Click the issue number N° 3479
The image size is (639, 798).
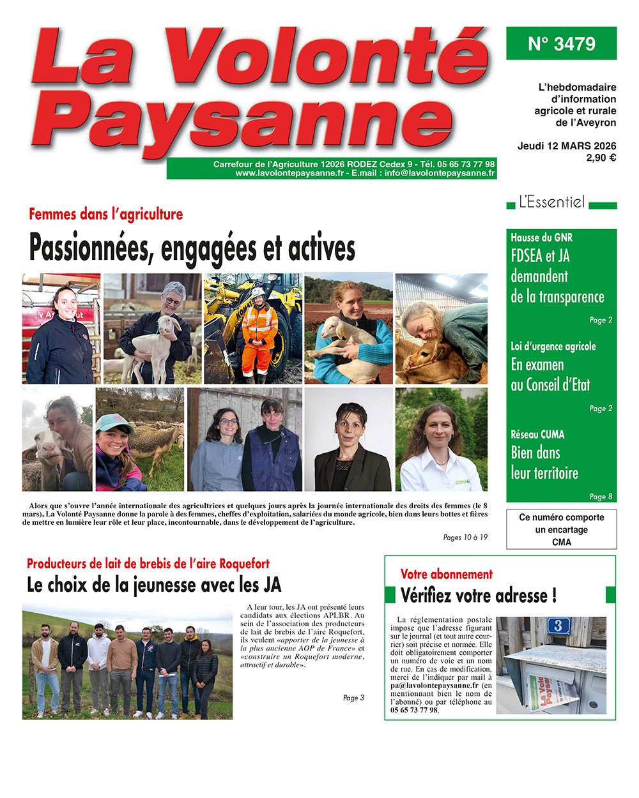point(561,43)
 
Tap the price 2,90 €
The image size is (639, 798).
point(601,158)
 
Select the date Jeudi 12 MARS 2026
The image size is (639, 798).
point(567,146)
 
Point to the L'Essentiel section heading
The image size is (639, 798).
point(551,202)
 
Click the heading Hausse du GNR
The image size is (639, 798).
point(541,237)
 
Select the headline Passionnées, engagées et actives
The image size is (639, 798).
point(192,248)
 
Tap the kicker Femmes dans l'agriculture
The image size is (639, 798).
point(106,214)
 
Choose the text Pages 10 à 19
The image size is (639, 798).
point(465,538)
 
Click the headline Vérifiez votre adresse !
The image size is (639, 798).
point(478,596)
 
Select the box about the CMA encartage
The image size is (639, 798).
point(561,529)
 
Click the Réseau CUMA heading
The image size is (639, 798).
point(537,434)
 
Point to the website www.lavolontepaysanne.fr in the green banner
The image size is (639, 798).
point(289,173)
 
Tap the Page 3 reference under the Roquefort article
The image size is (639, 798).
point(353,698)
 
